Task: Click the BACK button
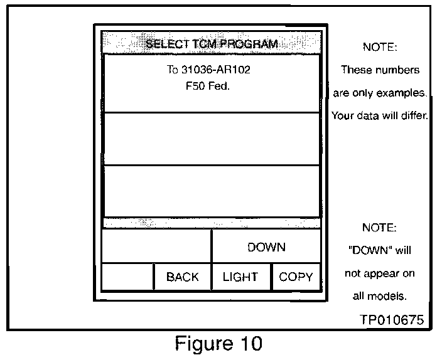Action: (182, 277)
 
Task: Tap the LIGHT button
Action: (240, 277)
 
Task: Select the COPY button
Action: (296, 277)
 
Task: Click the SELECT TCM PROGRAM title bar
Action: (211, 44)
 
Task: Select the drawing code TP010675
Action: (392, 319)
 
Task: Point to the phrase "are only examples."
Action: (380, 93)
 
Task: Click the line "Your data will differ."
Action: (380, 116)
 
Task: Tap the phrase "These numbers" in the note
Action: (380, 70)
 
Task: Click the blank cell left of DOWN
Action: (156, 247)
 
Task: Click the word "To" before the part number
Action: (173, 70)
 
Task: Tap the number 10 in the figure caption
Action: (249, 344)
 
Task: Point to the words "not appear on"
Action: (380, 274)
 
